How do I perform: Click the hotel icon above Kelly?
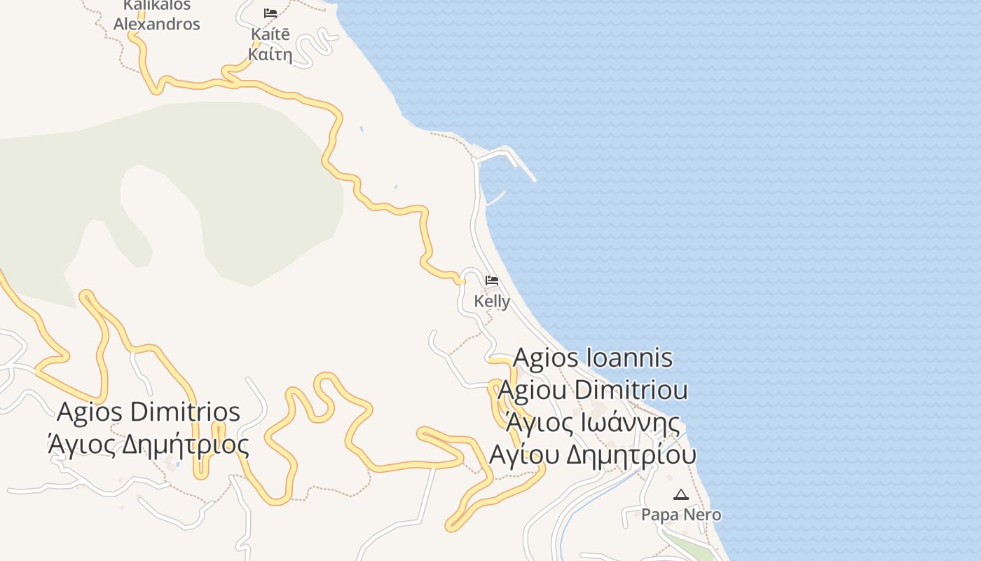pyautogui.click(x=492, y=280)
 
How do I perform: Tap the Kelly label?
pyautogui.click(x=492, y=301)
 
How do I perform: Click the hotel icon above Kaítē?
pyautogui.click(x=270, y=13)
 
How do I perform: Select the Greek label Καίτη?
pyautogui.click(x=270, y=54)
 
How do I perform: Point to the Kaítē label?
pyautogui.click(x=270, y=34)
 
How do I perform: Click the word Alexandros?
pyautogui.click(x=157, y=24)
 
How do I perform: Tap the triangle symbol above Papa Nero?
pyautogui.click(x=680, y=495)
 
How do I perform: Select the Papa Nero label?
pyautogui.click(x=681, y=515)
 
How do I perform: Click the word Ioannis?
pyautogui.click(x=631, y=358)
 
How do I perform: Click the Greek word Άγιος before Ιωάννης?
pyautogui.click(x=533, y=423)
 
